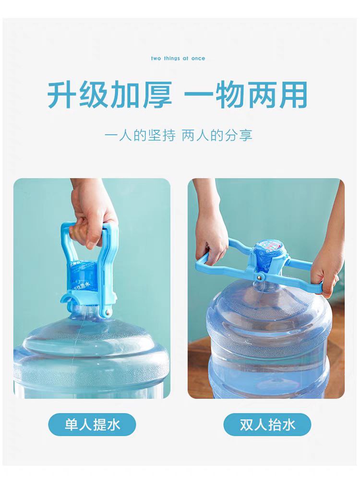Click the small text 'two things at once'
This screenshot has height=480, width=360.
click(x=178, y=59)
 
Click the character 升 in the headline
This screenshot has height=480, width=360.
click(x=62, y=95)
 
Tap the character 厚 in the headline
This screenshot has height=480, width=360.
click(x=157, y=95)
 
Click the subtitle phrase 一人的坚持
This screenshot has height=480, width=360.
click(x=140, y=135)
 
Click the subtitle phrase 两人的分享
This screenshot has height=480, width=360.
click(x=217, y=135)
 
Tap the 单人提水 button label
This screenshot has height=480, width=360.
click(x=92, y=425)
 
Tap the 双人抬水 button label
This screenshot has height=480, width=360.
click(x=267, y=425)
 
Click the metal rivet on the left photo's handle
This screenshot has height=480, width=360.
click(x=108, y=312)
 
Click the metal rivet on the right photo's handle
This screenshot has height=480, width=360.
click(x=259, y=277)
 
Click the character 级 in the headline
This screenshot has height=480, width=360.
click(x=94, y=95)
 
